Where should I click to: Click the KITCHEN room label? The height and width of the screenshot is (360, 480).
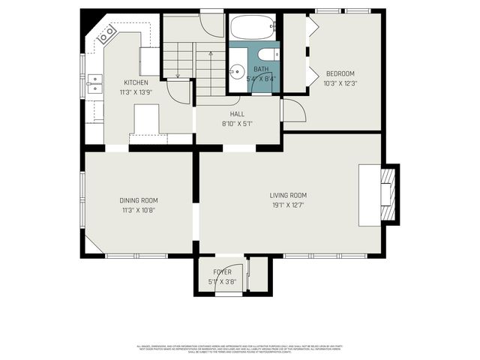click(x=136, y=82)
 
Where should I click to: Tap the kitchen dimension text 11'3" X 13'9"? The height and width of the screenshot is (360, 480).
click(x=136, y=91)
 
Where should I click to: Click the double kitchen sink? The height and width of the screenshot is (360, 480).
click(x=94, y=83)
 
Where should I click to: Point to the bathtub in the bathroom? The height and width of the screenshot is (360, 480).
click(x=252, y=28)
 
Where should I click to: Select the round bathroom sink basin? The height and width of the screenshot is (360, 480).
click(x=236, y=72)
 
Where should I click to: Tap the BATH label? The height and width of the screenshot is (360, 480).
click(x=260, y=69)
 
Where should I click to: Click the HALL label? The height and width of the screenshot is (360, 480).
click(x=237, y=114)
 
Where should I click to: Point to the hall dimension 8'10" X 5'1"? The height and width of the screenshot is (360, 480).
click(x=237, y=123)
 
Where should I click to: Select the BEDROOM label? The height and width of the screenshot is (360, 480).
click(x=339, y=73)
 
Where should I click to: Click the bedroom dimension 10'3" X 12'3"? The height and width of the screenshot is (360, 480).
click(x=339, y=82)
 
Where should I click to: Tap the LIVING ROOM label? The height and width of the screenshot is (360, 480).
click(x=288, y=195)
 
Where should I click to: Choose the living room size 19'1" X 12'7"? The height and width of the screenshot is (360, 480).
click(x=288, y=204)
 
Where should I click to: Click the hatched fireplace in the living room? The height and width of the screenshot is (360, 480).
click(x=387, y=194)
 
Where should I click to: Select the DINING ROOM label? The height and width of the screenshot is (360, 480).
click(x=139, y=200)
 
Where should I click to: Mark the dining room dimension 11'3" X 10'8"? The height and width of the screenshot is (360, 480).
click(x=139, y=209)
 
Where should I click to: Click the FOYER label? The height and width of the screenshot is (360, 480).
click(x=222, y=272)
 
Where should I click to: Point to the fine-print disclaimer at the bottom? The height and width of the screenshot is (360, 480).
click(x=238, y=349)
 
